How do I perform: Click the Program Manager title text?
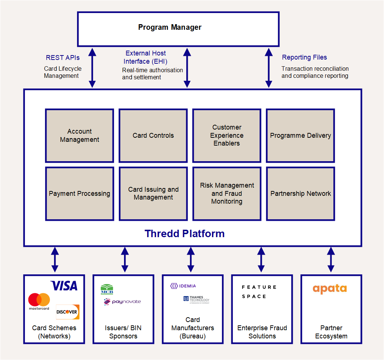(x=170, y=27)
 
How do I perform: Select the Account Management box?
(x=80, y=136)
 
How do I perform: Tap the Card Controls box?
(x=153, y=136)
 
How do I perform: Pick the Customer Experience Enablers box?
(x=227, y=136)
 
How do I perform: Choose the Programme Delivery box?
(x=301, y=136)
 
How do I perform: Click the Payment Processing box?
(x=80, y=194)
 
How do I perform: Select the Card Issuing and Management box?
(x=153, y=194)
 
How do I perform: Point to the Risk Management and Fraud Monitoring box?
(x=227, y=194)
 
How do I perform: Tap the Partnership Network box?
(x=301, y=194)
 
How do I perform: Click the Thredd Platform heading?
(x=184, y=233)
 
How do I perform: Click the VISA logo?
(x=64, y=286)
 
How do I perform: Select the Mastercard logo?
(x=39, y=302)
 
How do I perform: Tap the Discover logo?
(x=67, y=312)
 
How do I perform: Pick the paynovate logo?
(x=122, y=302)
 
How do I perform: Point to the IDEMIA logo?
(x=183, y=286)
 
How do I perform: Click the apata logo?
(x=330, y=289)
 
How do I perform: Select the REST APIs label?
(x=63, y=57)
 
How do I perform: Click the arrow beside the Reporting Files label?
(x=269, y=68)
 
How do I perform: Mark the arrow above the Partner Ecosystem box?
(x=331, y=259)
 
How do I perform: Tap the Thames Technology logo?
(x=196, y=300)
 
